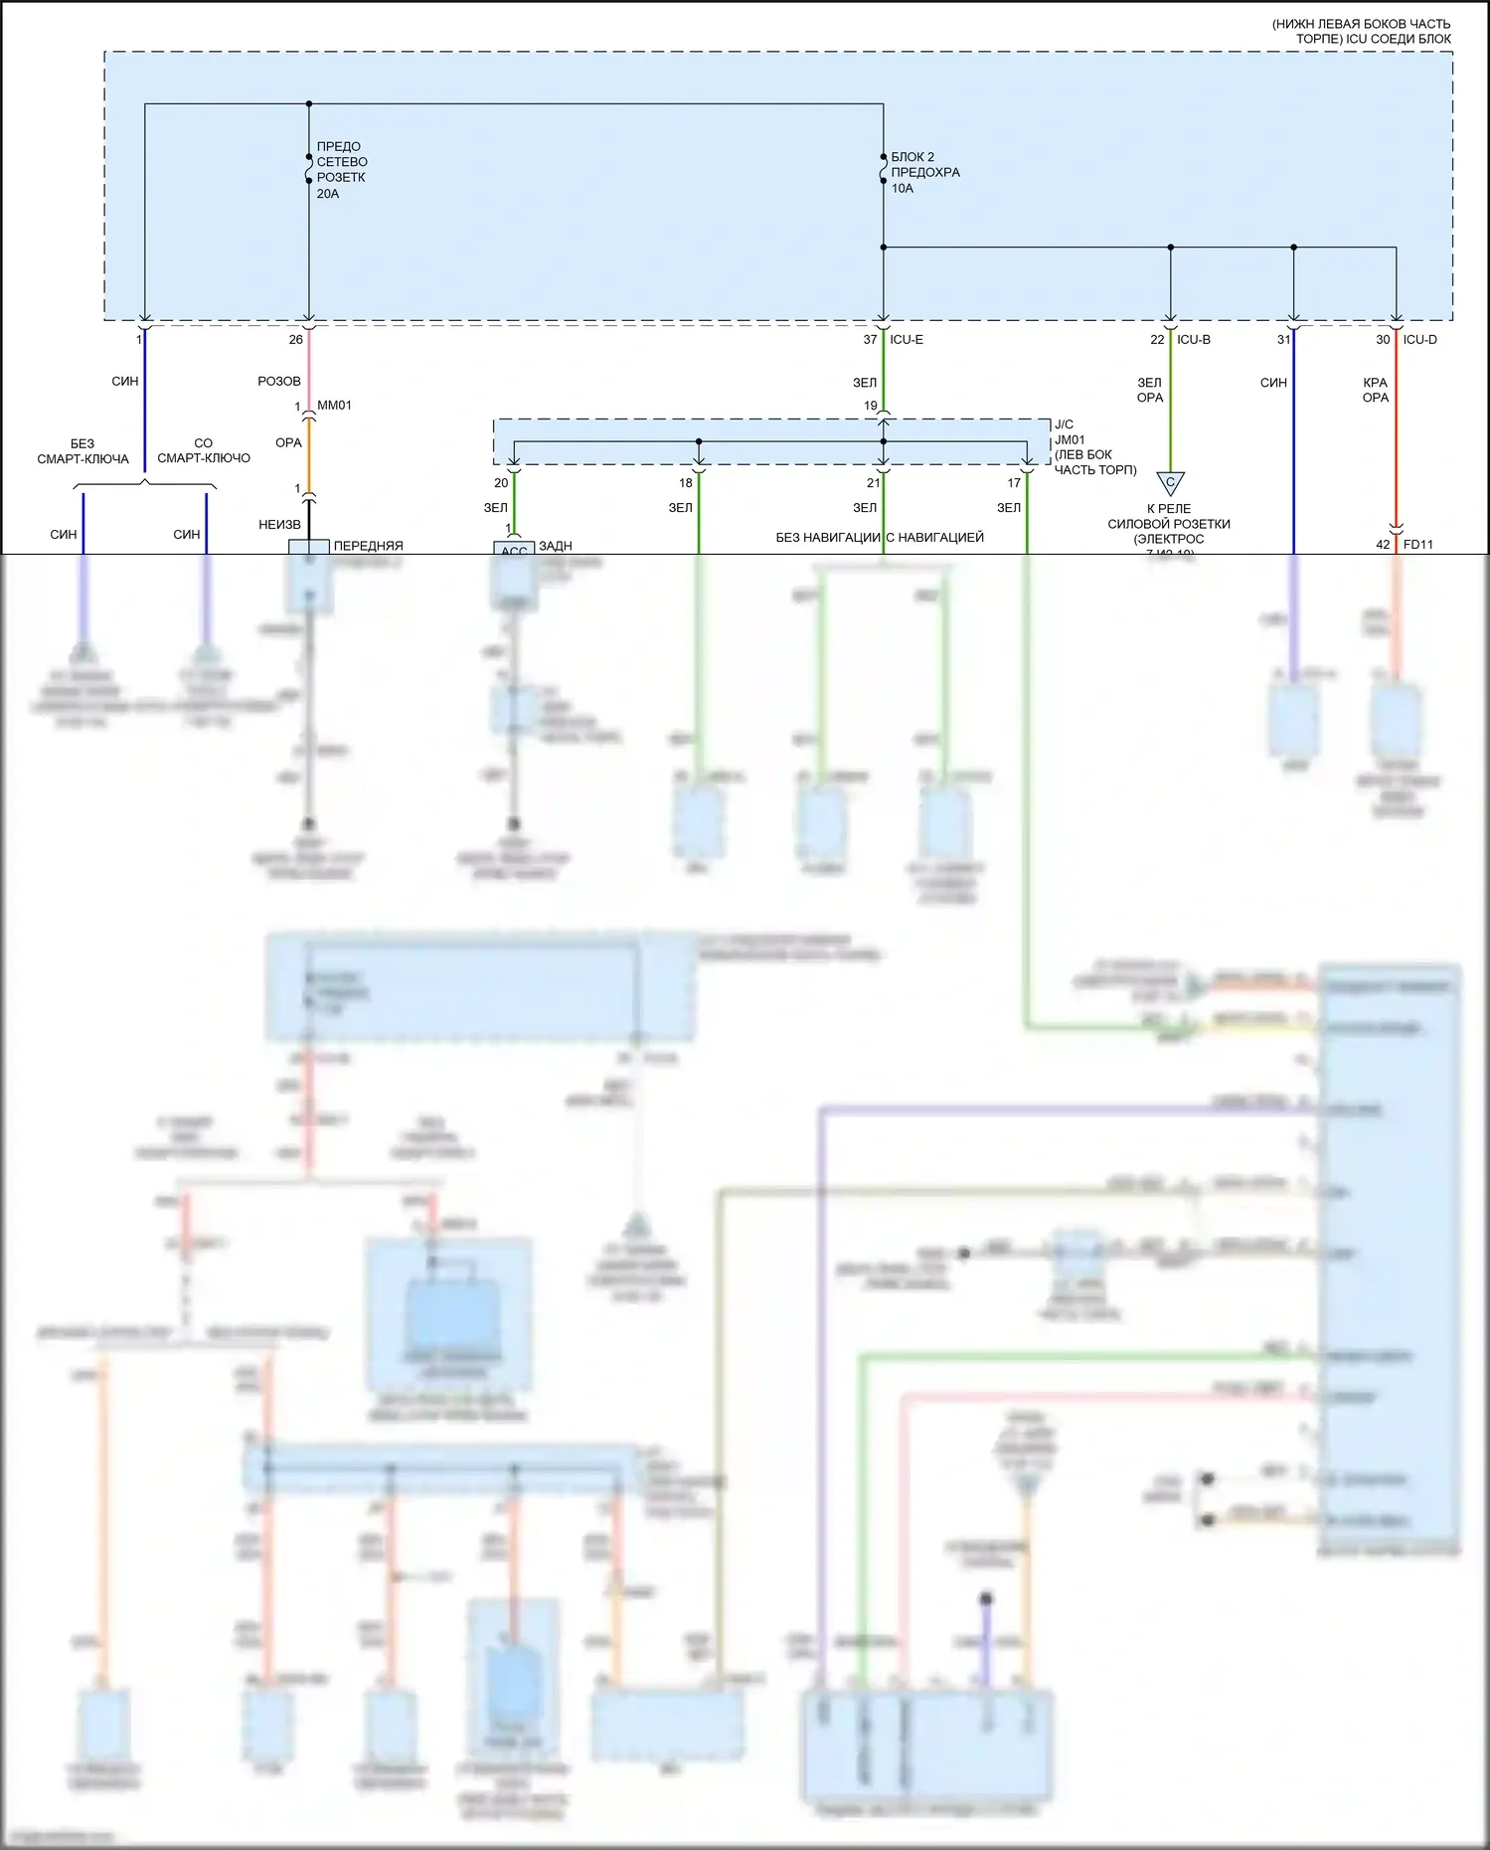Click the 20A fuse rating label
pyautogui.click(x=328, y=194)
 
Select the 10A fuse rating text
pyautogui.click(x=902, y=188)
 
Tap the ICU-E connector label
pyautogui.click(x=907, y=340)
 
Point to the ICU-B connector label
pyautogui.click(x=1194, y=340)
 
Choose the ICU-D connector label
pyautogui.click(x=1419, y=340)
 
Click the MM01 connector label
pyautogui.click(x=334, y=406)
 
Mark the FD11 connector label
pyautogui.click(x=1418, y=545)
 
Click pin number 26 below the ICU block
pyautogui.click(x=295, y=340)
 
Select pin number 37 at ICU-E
pyautogui.click(x=870, y=340)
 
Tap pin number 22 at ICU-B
pyautogui.click(x=1157, y=340)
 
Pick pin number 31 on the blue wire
pyautogui.click(x=1283, y=340)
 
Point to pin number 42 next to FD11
pyautogui.click(x=1383, y=545)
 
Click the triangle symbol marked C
pyautogui.click(x=1170, y=483)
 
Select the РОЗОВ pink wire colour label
pyautogui.click(x=278, y=382)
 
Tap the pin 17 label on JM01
pyautogui.click(x=1014, y=483)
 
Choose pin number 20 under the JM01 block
pyautogui.click(x=501, y=483)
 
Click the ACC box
pyautogui.click(x=514, y=549)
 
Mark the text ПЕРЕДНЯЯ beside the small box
pyautogui.click(x=368, y=546)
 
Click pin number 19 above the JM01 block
pyautogui.click(x=870, y=406)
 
